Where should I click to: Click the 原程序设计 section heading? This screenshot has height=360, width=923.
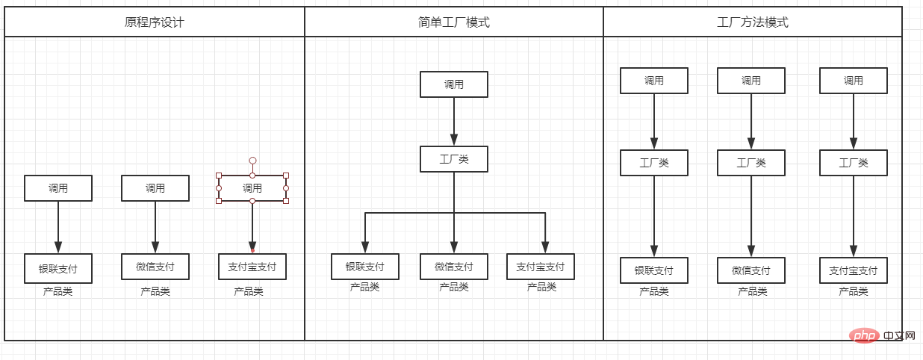point(155,22)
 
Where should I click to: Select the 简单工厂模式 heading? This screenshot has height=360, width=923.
point(454,22)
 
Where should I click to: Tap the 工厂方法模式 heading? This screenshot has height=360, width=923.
point(752,22)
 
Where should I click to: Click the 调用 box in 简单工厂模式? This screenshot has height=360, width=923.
point(454,84)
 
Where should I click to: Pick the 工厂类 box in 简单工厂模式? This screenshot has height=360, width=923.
point(454,159)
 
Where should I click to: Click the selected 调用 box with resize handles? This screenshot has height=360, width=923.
point(252,188)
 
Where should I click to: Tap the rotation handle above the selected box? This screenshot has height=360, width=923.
point(252,161)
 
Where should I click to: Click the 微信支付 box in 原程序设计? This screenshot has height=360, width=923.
point(155,267)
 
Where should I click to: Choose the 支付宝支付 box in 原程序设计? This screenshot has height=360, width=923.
point(252,267)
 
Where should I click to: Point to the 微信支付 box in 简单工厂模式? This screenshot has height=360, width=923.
point(454,267)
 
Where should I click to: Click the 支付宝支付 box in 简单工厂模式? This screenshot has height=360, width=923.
point(541,267)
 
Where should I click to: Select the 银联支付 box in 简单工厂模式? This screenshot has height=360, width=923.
point(365,267)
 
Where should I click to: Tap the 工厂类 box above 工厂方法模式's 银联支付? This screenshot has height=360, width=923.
point(654,163)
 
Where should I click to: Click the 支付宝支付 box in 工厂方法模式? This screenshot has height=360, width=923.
point(854,270)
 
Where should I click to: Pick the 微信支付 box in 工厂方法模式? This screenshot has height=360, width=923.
point(751,270)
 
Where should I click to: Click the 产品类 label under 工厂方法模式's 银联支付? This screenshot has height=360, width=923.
point(654,291)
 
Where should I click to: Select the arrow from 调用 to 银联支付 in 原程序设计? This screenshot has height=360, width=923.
point(58,227)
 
